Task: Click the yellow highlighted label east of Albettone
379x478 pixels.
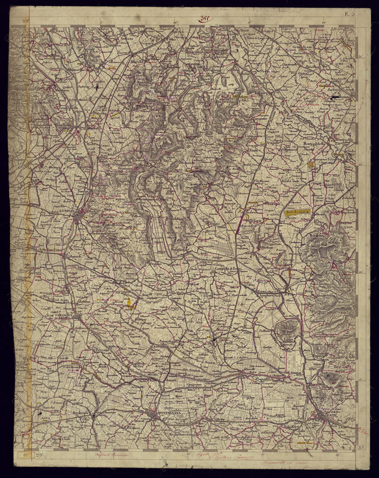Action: [x=298, y=210]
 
